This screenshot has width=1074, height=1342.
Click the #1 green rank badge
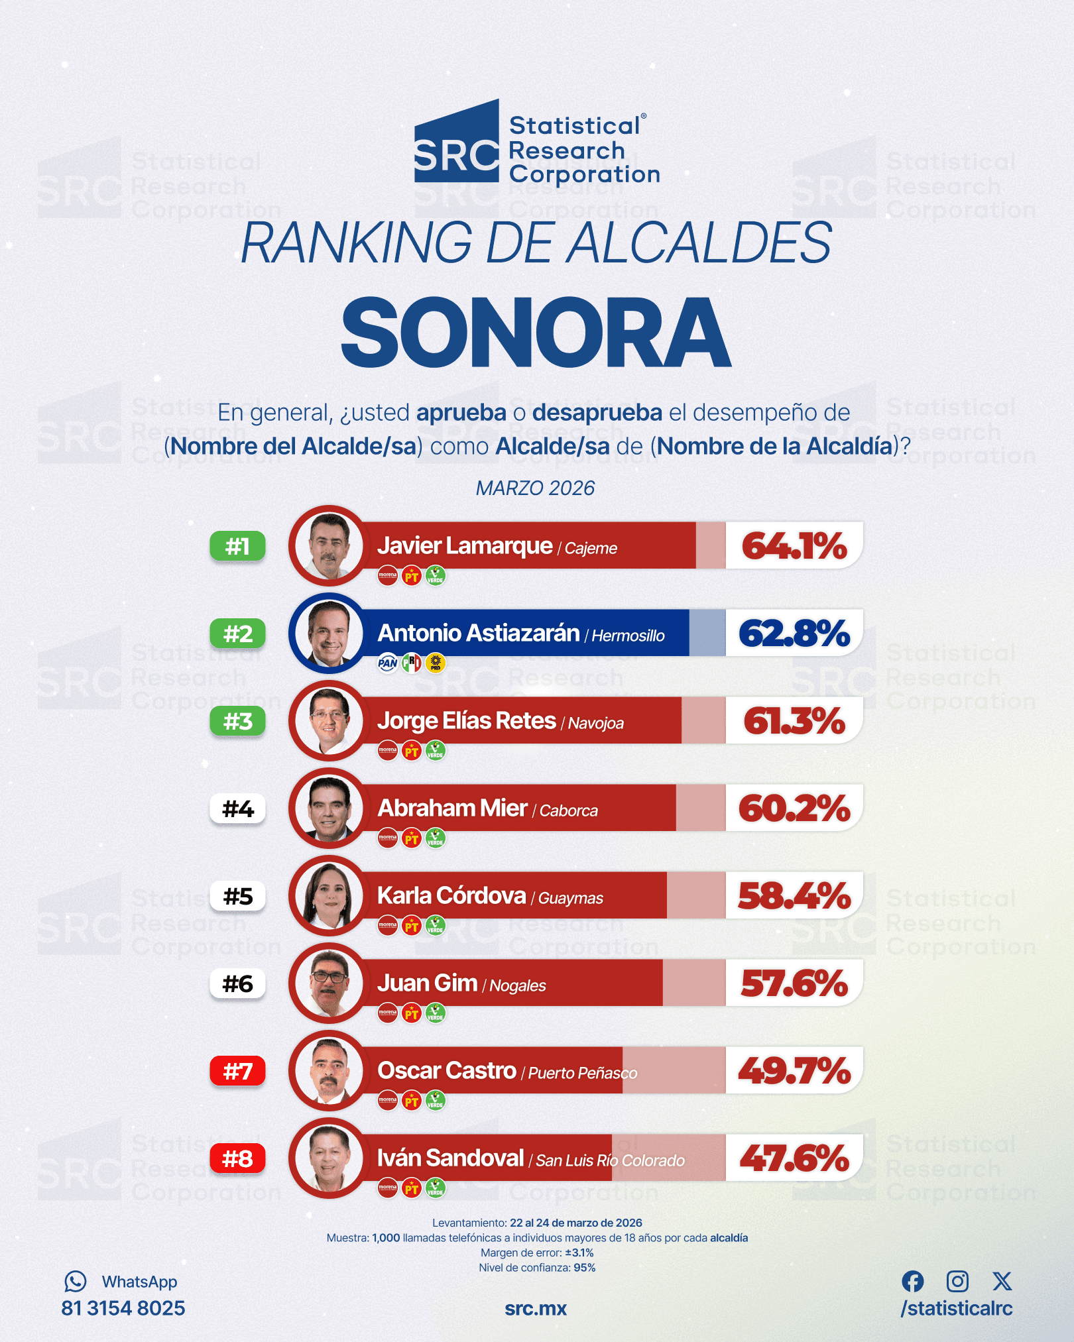click(237, 546)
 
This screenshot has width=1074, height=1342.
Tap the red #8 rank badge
click(237, 1158)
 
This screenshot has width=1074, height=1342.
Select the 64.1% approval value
click(794, 546)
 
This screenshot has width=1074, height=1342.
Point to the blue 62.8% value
click(794, 634)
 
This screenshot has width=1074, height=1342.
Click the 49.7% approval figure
click(794, 1071)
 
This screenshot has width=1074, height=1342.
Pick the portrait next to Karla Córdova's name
click(329, 896)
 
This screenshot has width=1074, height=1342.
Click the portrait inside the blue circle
click(329, 634)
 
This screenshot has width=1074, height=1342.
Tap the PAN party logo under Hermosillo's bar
click(388, 663)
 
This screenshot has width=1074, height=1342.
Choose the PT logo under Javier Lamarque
click(412, 576)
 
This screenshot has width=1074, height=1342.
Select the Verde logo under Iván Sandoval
click(436, 1188)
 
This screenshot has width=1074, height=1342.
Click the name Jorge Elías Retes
click(467, 721)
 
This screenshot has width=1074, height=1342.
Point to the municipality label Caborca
click(569, 811)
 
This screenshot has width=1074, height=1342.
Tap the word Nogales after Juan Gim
click(518, 986)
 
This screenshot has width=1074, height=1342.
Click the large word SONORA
click(536, 332)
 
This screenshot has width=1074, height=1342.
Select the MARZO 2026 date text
click(536, 488)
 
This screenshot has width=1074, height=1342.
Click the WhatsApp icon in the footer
click(76, 1282)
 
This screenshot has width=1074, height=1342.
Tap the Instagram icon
click(957, 1281)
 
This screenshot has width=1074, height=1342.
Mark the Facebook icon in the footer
click(913, 1282)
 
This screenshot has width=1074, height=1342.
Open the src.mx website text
click(536, 1309)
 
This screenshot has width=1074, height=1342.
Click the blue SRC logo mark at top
click(457, 142)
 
